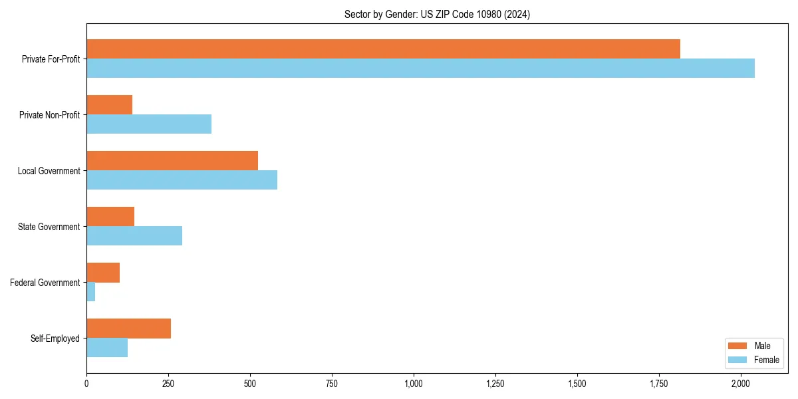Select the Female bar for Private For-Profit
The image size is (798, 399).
(x=420, y=68)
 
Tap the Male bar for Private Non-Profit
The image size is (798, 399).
(x=109, y=105)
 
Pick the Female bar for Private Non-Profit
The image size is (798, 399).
(x=149, y=124)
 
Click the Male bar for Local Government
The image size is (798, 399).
(x=172, y=161)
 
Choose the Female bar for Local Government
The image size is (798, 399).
(x=182, y=180)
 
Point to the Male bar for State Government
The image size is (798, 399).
(x=110, y=217)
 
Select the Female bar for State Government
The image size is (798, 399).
(x=134, y=236)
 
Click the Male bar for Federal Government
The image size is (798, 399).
(x=103, y=273)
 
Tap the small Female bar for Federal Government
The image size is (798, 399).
(x=91, y=292)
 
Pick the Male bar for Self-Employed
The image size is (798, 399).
(x=128, y=329)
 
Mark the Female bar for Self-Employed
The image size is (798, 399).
(x=107, y=348)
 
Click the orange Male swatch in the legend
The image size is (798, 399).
(x=738, y=346)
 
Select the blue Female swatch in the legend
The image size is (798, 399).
(x=738, y=360)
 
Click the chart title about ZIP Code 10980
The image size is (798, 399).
(x=437, y=15)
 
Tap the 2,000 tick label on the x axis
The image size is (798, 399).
(x=741, y=384)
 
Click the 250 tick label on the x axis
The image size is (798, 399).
(x=168, y=384)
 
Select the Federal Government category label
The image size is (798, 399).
(x=45, y=283)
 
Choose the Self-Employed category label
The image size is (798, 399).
(x=55, y=338)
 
